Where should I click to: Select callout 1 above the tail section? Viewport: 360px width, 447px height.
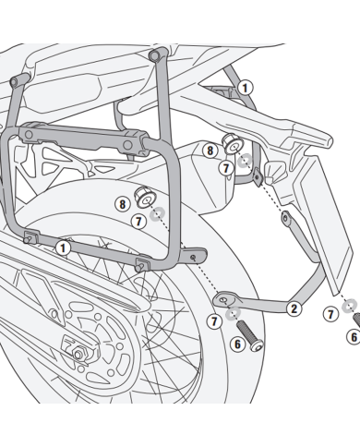(x=244, y=88)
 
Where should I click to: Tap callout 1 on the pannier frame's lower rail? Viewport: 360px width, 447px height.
(x=61, y=248)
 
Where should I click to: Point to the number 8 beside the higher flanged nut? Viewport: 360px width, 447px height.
(x=210, y=149)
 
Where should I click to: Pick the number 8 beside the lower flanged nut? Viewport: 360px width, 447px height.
(x=122, y=203)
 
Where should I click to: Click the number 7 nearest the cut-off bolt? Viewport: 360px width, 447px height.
(x=330, y=315)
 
